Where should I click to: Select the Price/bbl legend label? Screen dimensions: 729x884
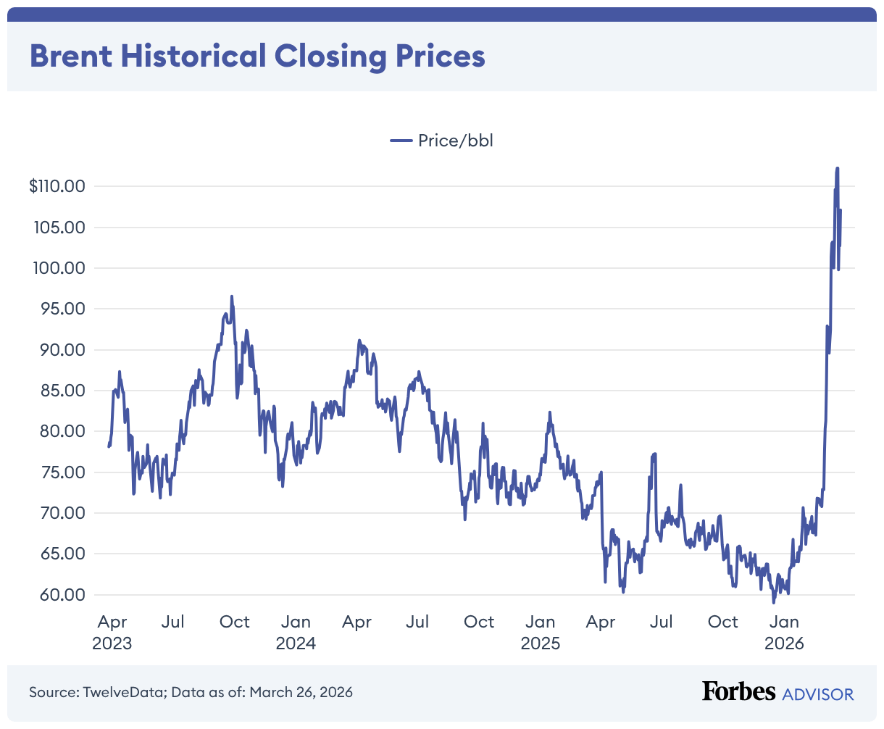455,141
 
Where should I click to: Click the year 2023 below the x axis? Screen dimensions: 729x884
112,643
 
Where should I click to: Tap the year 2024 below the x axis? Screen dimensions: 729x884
296,643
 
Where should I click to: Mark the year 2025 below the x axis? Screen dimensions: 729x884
541,643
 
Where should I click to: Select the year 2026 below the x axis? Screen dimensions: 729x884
784,643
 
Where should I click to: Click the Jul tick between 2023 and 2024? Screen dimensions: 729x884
173,622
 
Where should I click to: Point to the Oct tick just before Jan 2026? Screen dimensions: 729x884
722,622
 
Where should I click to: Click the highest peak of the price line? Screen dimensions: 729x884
838,168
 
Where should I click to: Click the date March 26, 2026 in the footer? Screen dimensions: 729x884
301,692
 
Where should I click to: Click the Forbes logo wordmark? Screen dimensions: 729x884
738,691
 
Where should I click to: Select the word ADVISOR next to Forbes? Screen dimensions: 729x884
818,693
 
